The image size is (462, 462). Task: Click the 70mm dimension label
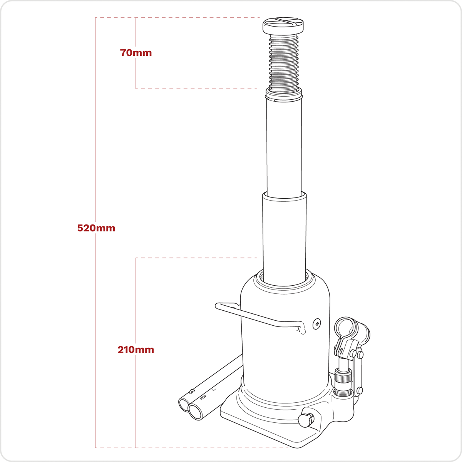[x=136, y=53]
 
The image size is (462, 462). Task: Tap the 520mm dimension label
[x=96, y=228]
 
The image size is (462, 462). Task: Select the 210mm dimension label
[x=136, y=350]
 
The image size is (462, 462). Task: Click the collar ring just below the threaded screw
[x=284, y=94]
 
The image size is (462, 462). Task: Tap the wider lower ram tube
[x=285, y=235]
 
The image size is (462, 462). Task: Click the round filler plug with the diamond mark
[x=317, y=324]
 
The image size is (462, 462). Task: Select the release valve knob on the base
[x=306, y=420]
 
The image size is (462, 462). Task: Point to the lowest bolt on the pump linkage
[x=360, y=391]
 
